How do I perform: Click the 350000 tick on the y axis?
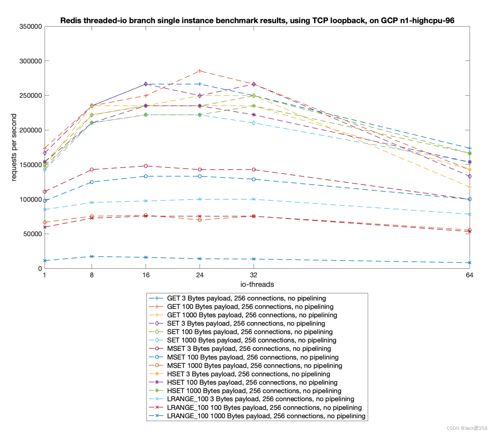31,26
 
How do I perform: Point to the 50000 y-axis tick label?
32,234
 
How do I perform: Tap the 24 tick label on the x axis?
200,275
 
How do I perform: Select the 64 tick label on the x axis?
469,275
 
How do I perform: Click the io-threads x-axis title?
257,284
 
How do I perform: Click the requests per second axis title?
14,147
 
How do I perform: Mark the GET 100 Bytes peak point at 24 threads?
200,71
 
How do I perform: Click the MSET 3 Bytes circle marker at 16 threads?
146,166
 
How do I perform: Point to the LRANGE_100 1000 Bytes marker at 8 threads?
92,257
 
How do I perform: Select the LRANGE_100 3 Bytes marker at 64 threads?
469,214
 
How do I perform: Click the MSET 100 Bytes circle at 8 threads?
92,182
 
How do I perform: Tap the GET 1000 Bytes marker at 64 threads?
469,187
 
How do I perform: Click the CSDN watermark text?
467,428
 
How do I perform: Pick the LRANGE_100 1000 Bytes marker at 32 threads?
254,259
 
